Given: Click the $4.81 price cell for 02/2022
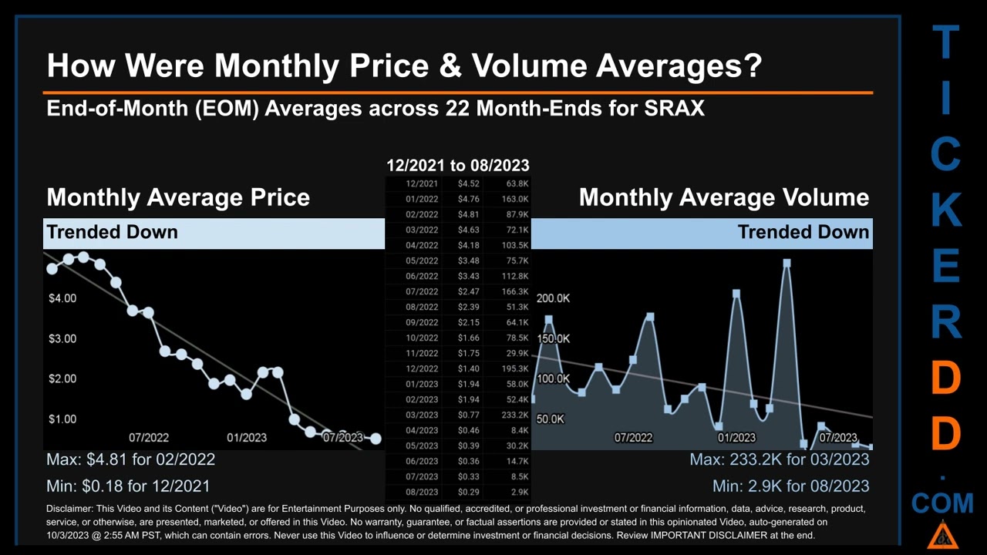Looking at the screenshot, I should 468,214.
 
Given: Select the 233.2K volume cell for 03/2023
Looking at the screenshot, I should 514,415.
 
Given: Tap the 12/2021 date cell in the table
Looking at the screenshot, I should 422,183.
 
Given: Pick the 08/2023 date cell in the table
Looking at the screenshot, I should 422,492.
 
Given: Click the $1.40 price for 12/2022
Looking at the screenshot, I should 468,368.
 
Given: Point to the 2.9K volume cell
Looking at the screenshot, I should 517,492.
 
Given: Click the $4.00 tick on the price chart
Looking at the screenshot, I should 62,298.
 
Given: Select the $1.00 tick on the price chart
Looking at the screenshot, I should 62,419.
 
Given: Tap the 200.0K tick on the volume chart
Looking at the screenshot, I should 553,298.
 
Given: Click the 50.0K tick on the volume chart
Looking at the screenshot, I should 550,419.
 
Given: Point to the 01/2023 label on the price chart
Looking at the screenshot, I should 247,437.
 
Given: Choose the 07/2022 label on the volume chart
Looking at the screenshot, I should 633,437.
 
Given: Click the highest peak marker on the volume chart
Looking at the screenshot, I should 787,264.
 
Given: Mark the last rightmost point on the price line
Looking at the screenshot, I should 376,439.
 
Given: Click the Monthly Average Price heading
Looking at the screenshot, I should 178,197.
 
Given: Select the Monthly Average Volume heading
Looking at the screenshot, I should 723,197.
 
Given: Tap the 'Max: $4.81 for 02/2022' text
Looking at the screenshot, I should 130,459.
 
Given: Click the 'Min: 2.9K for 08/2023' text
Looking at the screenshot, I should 790,486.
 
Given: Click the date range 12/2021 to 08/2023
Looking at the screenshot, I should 457,165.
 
